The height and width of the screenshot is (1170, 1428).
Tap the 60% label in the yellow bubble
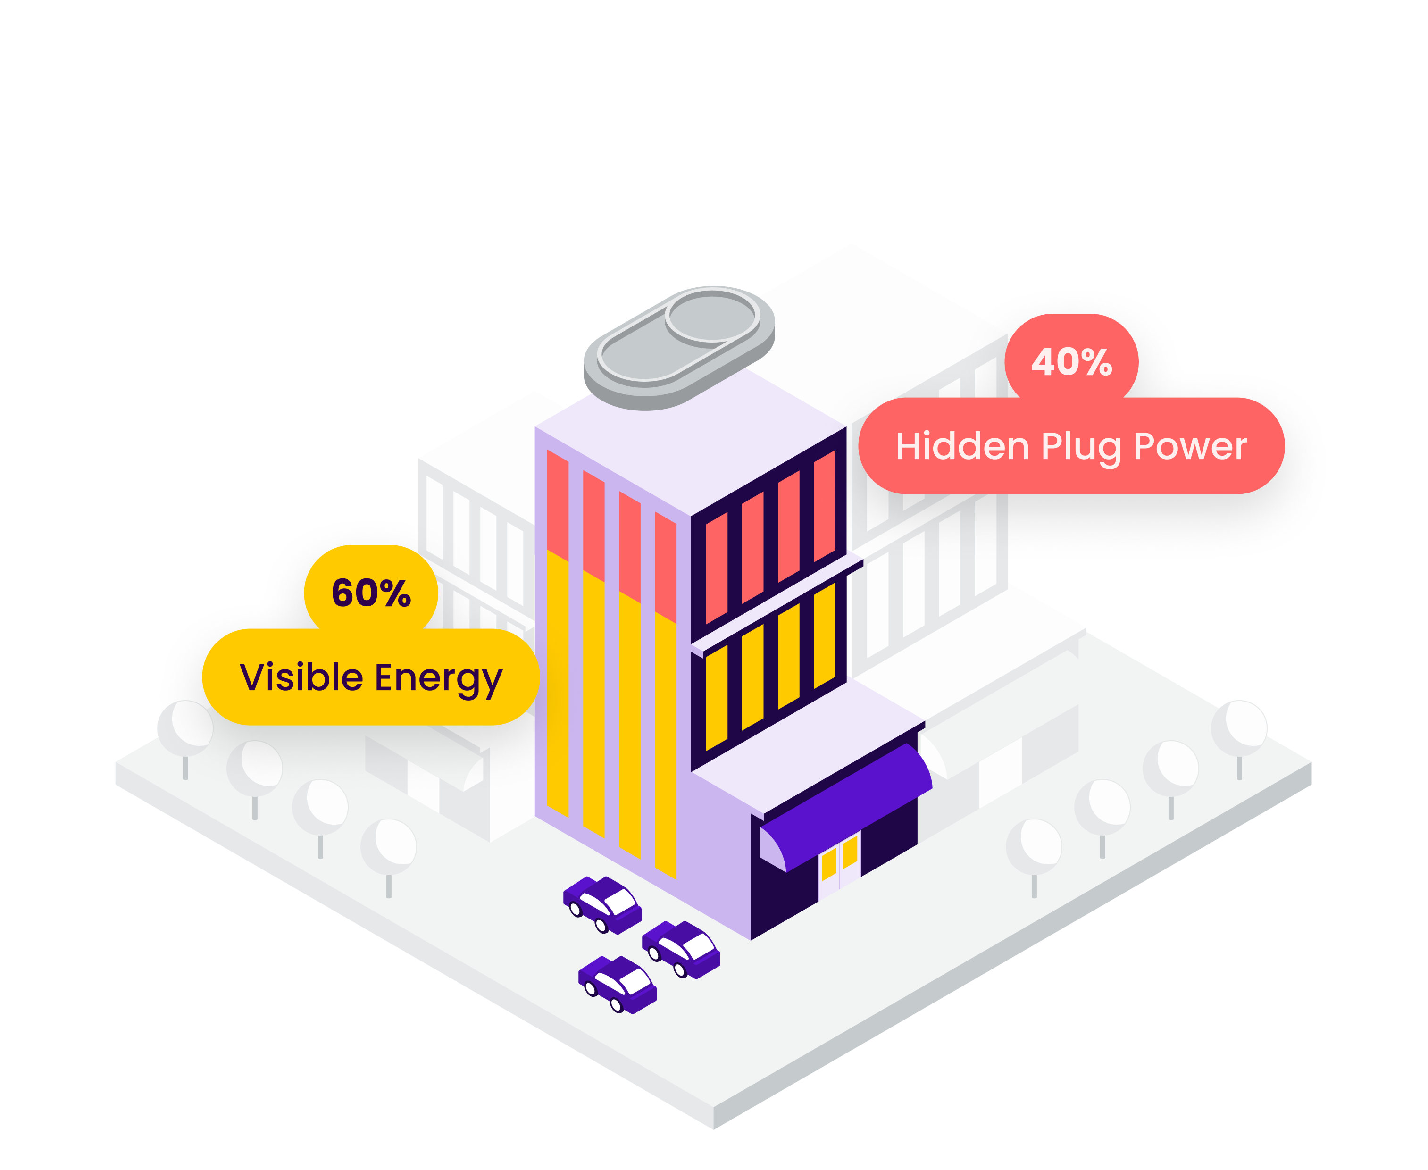pyautogui.click(x=371, y=593)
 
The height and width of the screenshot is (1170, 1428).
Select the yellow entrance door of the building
pyautogui.click(x=839, y=859)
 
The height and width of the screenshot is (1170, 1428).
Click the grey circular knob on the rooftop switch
pyautogui.click(x=712, y=317)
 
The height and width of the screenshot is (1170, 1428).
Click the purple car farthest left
pyautogui.click(x=602, y=904)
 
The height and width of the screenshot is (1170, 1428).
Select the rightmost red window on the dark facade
pyautogui.click(x=824, y=505)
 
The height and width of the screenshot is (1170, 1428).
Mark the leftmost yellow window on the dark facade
pyautogui.click(x=716, y=698)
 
